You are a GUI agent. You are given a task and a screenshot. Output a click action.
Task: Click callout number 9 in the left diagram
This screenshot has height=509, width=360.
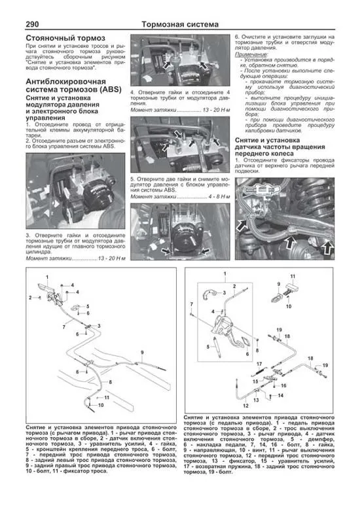coord(141,353)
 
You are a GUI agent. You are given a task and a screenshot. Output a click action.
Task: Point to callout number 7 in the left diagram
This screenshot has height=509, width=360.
coord(63,326)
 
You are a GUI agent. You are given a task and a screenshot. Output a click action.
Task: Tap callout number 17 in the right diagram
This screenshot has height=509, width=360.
coord(259,364)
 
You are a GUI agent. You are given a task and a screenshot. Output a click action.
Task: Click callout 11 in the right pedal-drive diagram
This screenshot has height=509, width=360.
coord(293,277)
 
